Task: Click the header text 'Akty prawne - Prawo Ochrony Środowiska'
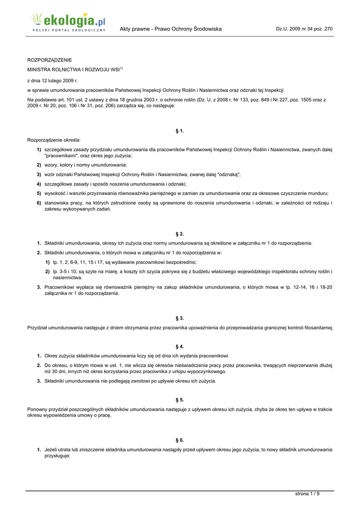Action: tap(170, 29)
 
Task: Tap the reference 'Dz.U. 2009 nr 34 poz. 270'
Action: tap(304, 29)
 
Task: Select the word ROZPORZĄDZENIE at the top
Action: tap(49, 60)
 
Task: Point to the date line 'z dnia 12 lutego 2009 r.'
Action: tap(52, 80)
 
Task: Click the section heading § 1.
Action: tap(180, 130)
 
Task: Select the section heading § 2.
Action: tap(180, 233)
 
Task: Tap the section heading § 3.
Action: tap(180, 317)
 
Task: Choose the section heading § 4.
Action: tap(180, 346)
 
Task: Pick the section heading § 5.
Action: tap(180, 399)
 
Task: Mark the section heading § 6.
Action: tap(180, 440)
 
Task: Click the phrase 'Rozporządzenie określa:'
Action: tap(54, 140)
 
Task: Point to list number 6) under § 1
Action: tap(39, 203)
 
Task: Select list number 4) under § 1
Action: tap(39, 184)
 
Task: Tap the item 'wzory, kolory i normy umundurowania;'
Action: tap(85, 165)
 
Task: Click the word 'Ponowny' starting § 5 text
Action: tap(37, 409)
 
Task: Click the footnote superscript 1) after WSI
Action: tap(121, 68)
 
